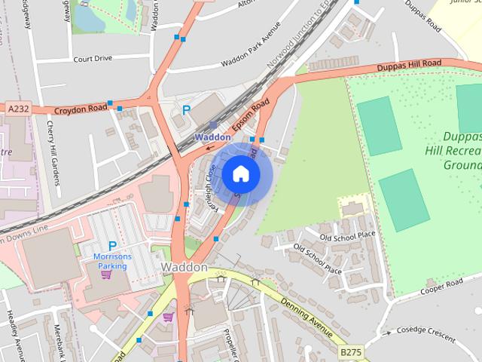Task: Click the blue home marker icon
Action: tap(240, 174)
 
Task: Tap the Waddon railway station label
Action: tap(212, 137)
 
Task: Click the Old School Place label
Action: tap(346, 237)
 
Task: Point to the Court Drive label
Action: tap(93, 58)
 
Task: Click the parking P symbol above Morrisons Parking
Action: tap(112, 246)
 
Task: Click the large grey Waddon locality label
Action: tap(184, 268)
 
